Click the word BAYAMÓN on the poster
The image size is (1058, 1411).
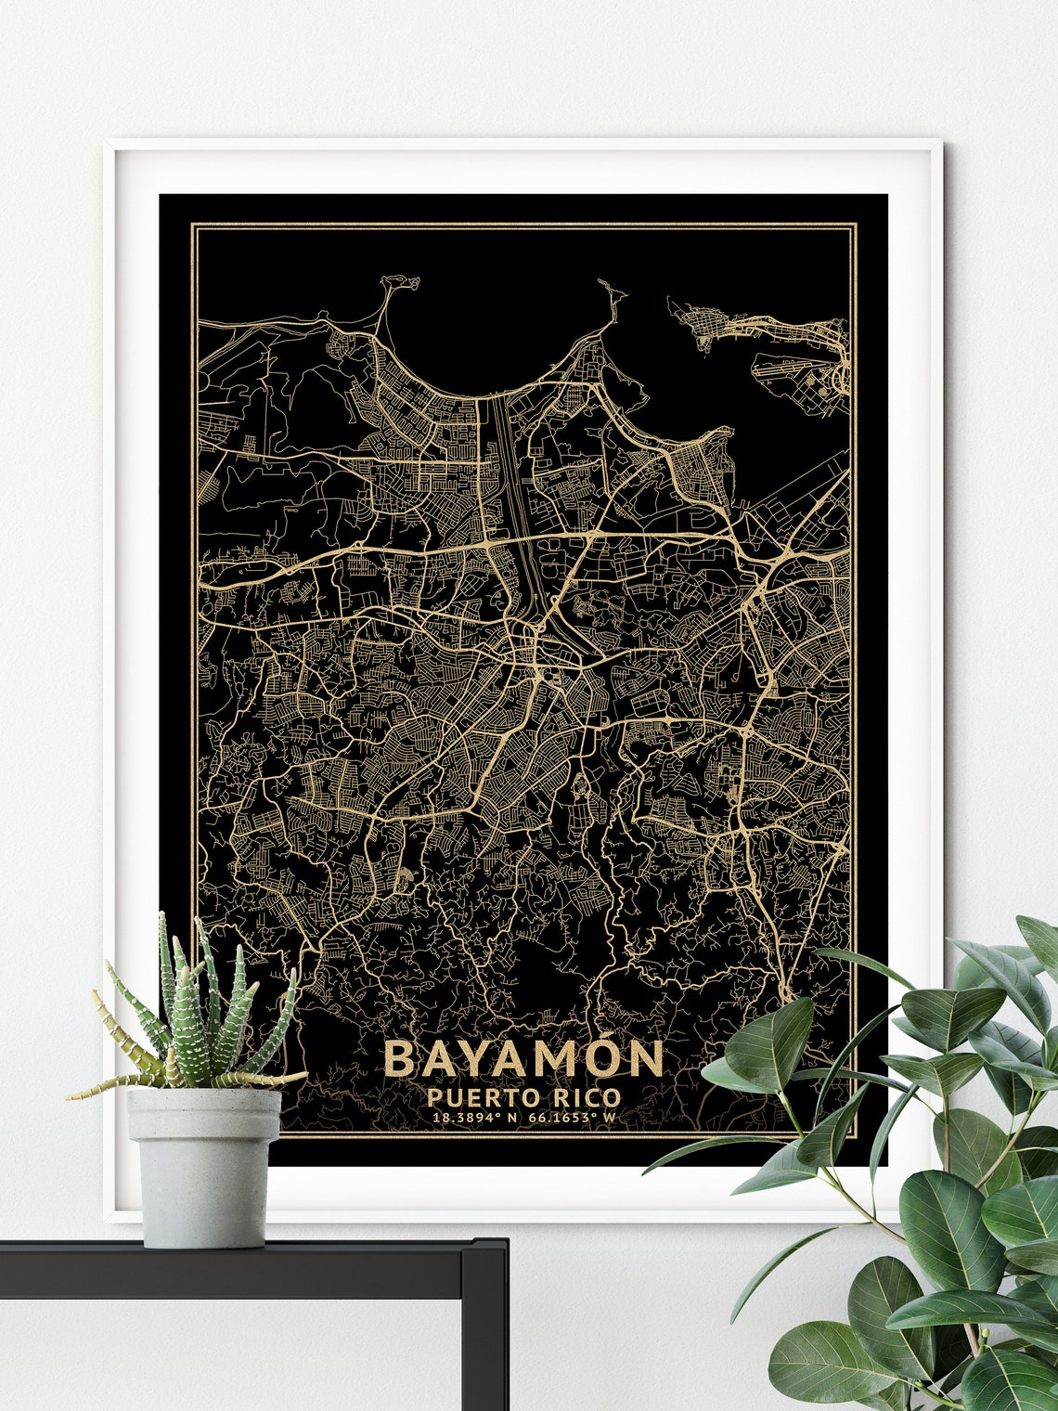point(523,1058)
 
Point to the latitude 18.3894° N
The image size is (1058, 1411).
point(474,1117)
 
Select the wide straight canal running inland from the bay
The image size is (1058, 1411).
point(509,464)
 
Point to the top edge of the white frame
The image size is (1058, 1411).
point(524,143)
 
